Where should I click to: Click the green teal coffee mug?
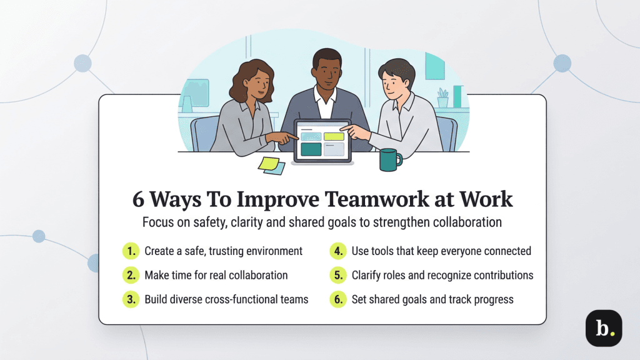(x=390, y=160)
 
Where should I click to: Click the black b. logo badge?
(x=603, y=328)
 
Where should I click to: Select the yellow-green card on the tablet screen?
(x=334, y=136)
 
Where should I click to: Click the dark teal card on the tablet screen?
(x=311, y=149)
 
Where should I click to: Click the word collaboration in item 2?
(x=254, y=275)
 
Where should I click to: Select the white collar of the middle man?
(x=324, y=104)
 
